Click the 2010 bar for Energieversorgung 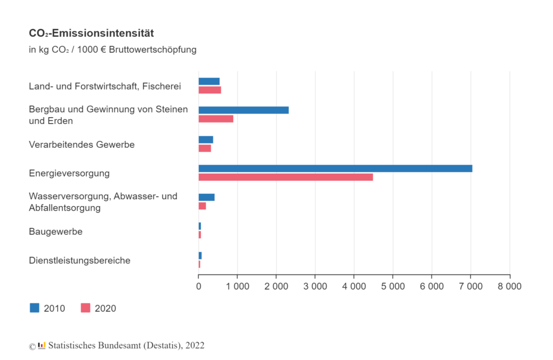coord(335,168)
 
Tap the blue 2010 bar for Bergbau coord(243,110)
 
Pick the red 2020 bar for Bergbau coord(215,119)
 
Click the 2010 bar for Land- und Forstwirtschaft coord(209,81)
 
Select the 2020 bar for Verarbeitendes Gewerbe coord(205,148)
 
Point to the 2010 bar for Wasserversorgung coord(206,197)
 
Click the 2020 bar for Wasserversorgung coord(202,206)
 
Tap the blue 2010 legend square coord(35,308)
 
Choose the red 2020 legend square coord(85,308)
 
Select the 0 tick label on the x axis coord(199,287)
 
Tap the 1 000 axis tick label coord(237,287)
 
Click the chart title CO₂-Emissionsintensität coord(91,33)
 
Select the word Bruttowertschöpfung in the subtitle coord(152,50)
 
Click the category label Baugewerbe coord(56,232)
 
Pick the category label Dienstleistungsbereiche coord(79,261)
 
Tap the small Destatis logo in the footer coord(42,345)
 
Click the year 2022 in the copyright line coord(195,345)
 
